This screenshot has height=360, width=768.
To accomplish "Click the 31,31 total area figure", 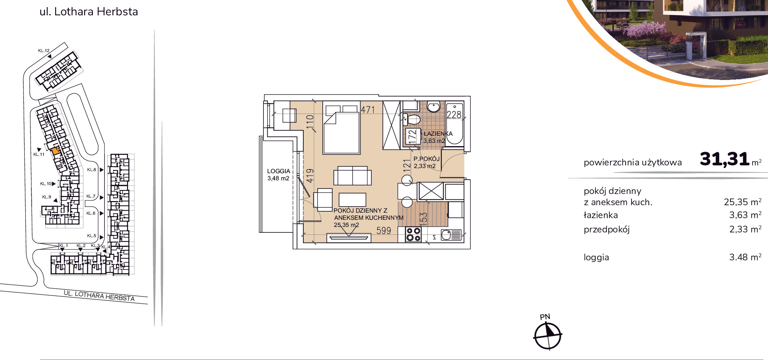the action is pyautogui.click(x=724, y=159).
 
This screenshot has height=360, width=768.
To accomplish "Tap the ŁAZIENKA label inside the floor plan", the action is pyautogui.click(x=438, y=134).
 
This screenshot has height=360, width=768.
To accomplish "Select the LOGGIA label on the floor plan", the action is pyautogui.click(x=278, y=171).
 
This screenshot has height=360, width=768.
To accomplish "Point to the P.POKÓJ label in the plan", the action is pyautogui.click(x=427, y=159).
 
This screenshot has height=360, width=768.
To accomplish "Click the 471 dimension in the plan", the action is pyautogui.click(x=368, y=110).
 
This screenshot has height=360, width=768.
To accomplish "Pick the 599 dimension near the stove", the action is pyautogui.click(x=384, y=231).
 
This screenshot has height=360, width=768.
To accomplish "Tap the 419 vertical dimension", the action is pyautogui.click(x=310, y=176).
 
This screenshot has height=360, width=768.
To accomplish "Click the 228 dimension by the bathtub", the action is pyautogui.click(x=454, y=115).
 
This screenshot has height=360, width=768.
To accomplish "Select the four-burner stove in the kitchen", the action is pyautogui.click(x=413, y=234).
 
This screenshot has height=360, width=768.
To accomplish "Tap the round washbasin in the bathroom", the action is pyautogui.click(x=433, y=107).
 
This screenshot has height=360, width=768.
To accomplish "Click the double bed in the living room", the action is pyautogui.click(x=341, y=128).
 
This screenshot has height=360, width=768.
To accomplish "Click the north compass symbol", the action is pyautogui.click(x=547, y=336).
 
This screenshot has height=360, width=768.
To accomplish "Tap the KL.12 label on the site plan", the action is pyautogui.click(x=44, y=51).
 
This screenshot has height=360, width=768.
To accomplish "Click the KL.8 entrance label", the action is pyautogui.click(x=91, y=170).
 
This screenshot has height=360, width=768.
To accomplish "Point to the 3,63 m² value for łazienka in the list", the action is pyautogui.click(x=745, y=215).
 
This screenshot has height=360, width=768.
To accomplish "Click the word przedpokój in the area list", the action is pyautogui.click(x=607, y=230).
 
